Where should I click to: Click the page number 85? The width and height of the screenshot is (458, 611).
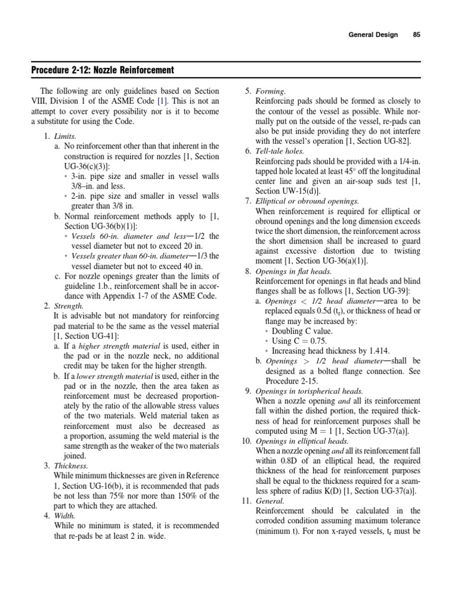click(416, 35)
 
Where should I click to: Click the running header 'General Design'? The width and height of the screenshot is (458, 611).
click(373, 35)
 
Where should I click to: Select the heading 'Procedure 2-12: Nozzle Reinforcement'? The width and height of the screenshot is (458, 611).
click(103, 70)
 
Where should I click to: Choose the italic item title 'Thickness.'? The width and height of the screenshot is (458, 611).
click(72, 465)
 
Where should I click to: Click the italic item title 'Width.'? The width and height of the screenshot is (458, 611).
click(66, 516)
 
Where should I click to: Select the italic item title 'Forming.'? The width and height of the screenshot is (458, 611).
click(271, 91)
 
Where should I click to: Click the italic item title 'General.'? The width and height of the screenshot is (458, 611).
click(270, 501)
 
